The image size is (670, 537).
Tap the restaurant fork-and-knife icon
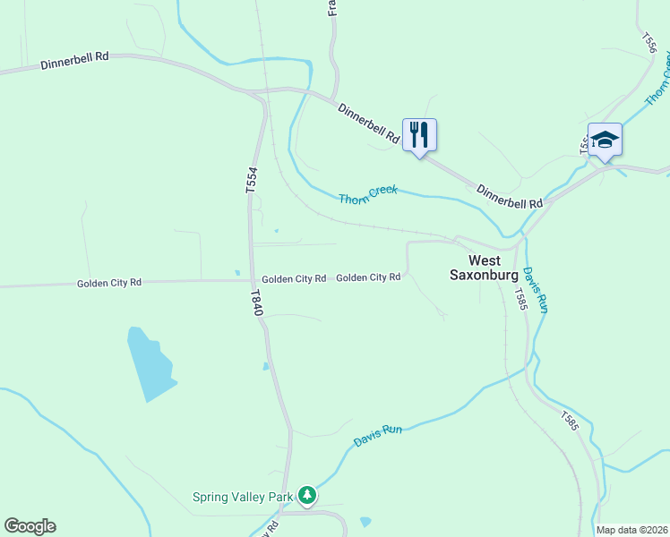[x=419, y=135]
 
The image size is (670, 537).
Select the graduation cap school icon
[x=605, y=140]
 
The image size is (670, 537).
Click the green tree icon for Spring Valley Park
[x=307, y=494]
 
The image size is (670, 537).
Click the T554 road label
[x=252, y=180]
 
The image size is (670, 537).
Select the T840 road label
[x=256, y=302]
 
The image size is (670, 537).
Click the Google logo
[x=30, y=526]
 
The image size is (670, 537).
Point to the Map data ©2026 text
[x=631, y=530]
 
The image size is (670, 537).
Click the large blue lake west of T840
[x=148, y=365]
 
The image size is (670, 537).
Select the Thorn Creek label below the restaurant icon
[x=367, y=194]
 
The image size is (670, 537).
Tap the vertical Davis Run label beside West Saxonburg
[x=536, y=289]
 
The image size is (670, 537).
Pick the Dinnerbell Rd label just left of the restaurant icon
[x=368, y=124]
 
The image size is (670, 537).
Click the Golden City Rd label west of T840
[x=109, y=283]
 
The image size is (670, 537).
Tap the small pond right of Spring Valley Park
[x=365, y=521]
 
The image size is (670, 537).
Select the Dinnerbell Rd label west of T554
[x=74, y=60]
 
